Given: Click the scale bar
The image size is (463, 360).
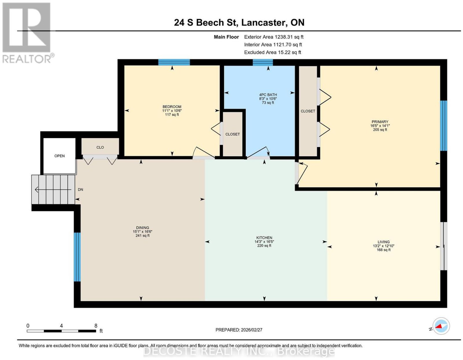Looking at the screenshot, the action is click(x=61, y=331).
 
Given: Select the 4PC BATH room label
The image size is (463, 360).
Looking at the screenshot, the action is click(x=268, y=95).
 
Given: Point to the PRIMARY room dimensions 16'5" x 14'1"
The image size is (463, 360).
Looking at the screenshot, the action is click(x=380, y=126).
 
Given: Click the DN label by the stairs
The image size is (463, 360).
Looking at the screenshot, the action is click(x=80, y=189).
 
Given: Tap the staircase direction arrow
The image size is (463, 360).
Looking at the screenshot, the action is click(x=53, y=189).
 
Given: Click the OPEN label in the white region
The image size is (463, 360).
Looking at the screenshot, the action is click(x=59, y=156).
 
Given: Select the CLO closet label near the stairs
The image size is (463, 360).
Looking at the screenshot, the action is click(x=100, y=147).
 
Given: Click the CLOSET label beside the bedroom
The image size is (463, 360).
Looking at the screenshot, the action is click(x=232, y=134).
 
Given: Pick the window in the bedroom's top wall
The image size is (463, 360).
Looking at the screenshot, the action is click(x=174, y=62).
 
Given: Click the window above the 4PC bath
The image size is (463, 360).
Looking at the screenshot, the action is click(x=263, y=62).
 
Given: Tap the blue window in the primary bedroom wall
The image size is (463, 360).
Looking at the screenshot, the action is click(x=443, y=126).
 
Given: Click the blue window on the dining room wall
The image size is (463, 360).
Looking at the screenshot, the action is click(x=77, y=257).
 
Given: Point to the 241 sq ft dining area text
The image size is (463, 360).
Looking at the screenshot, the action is click(x=143, y=235).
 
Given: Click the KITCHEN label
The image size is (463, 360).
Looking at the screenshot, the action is click(x=264, y=238).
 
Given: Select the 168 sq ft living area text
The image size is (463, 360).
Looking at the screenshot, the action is click(x=383, y=250).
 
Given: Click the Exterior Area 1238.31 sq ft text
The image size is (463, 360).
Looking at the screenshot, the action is click(x=273, y=37).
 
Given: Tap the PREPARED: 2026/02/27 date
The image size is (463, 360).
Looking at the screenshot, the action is click(x=239, y=330).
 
